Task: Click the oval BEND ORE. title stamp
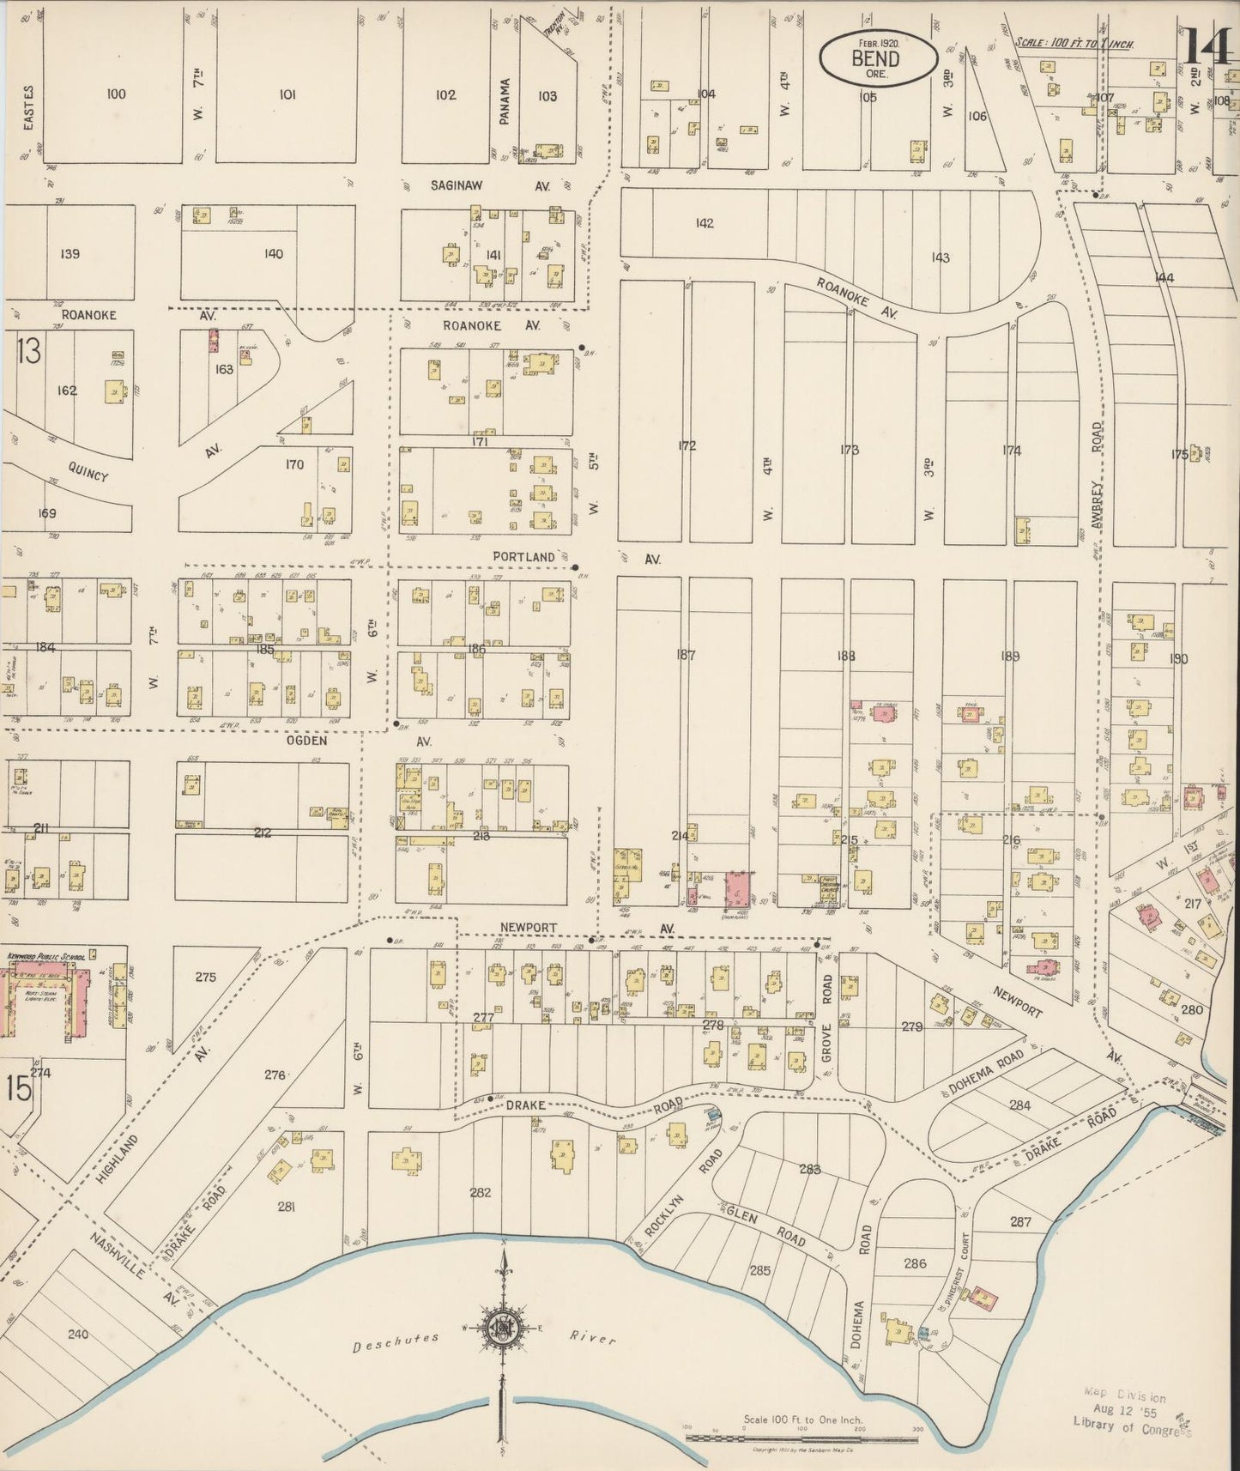pyautogui.click(x=875, y=58)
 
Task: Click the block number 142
pyautogui.click(x=704, y=223)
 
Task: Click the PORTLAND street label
pyautogui.click(x=523, y=557)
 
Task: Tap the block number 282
pyautogui.click(x=481, y=1192)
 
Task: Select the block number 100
pyautogui.click(x=116, y=94)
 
